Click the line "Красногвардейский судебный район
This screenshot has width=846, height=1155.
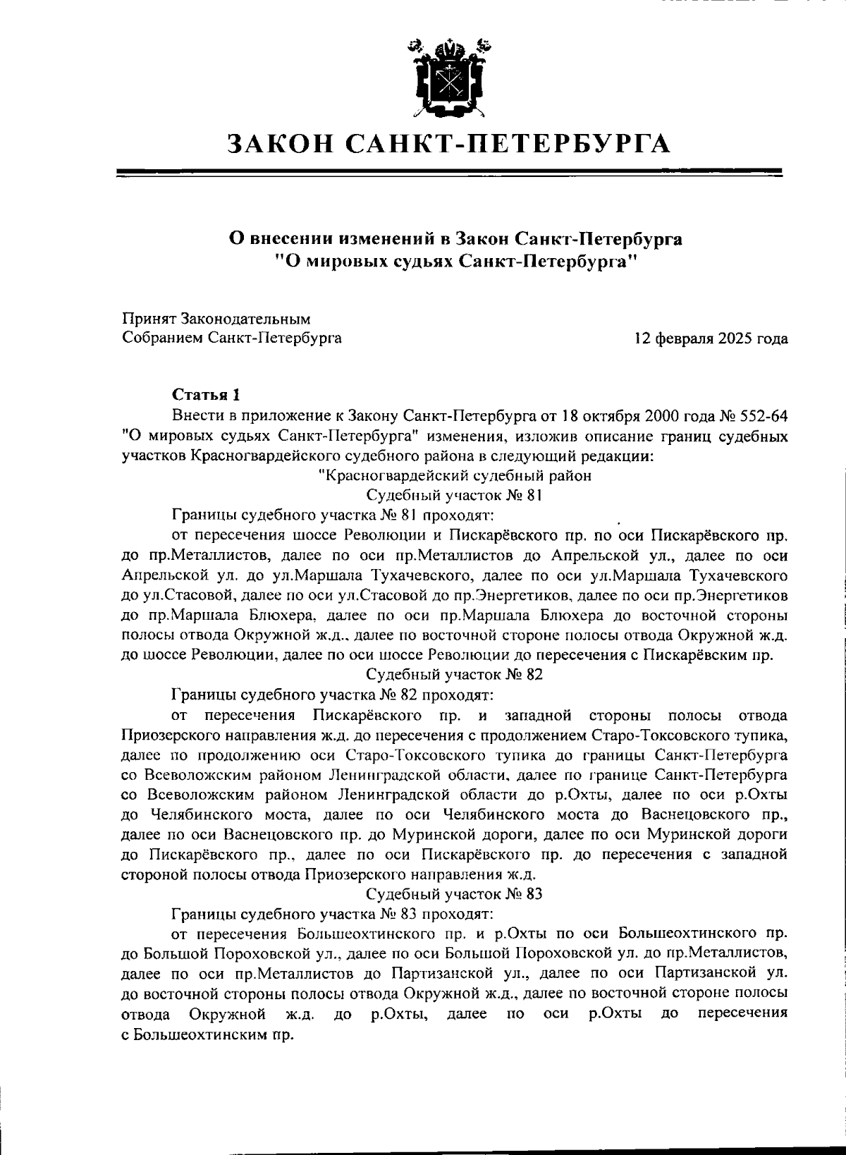454,475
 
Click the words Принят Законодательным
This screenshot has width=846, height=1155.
216,319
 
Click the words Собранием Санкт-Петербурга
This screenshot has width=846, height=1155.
232,338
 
